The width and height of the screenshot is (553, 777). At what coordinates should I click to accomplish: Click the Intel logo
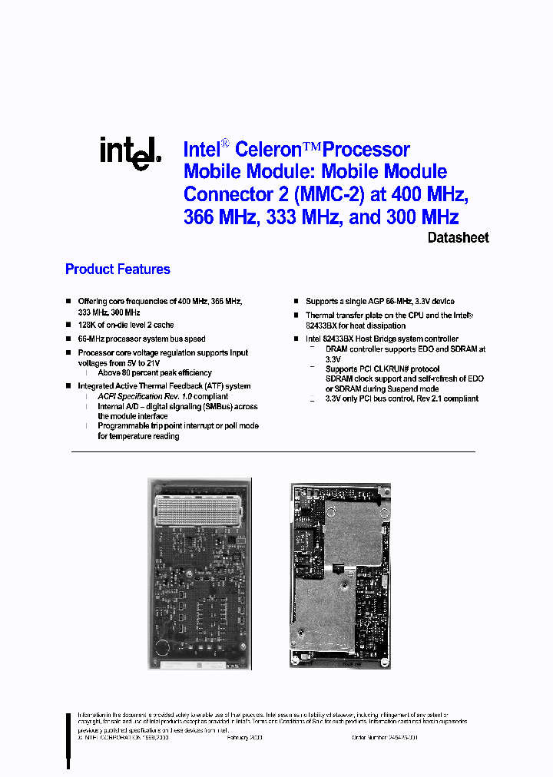coord(129,153)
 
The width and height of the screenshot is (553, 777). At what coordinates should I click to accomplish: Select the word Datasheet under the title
coord(458,238)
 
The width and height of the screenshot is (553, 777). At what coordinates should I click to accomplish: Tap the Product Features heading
coord(118,269)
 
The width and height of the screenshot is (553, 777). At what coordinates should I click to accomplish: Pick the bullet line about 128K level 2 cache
coord(125,326)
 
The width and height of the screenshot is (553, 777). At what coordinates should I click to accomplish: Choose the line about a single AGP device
coord(379,302)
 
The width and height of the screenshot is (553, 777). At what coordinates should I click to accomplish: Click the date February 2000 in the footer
coord(245,737)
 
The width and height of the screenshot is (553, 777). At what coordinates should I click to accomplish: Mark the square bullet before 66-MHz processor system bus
coord(68,339)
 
